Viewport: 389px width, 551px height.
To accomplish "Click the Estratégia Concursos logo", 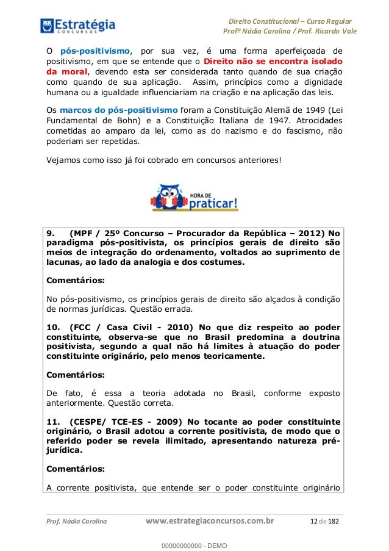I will [x=77, y=26].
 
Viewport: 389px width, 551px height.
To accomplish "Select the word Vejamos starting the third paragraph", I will [x=66, y=161].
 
